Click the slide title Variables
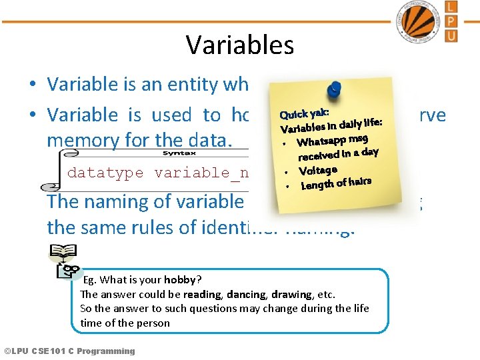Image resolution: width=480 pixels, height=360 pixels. tap(239, 45)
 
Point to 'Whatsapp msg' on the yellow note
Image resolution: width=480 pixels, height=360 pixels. tap(332, 139)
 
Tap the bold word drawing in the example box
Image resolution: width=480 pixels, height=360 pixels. tap(291, 294)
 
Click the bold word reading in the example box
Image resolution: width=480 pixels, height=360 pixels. tap(203, 294)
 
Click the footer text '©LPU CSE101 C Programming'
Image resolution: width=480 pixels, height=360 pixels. tap(69, 351)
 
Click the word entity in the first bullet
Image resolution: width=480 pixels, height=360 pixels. tap(193, 85)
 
